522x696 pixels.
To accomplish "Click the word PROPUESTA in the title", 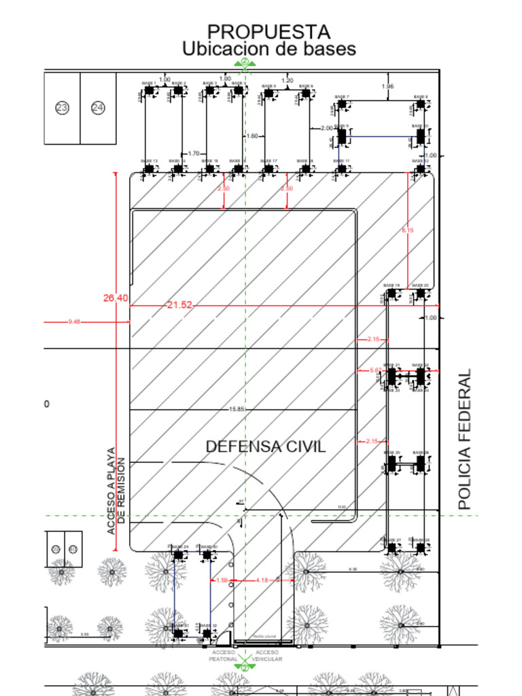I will coord(268,32).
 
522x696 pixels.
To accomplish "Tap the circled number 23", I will coord(63,107).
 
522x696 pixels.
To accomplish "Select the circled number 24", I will coord(98,107).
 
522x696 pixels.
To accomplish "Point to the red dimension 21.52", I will coord(179,305).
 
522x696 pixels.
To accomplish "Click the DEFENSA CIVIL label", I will coord(265,447).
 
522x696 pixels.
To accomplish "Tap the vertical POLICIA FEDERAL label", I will coord(464,439).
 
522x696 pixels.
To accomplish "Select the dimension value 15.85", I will coord(237,409).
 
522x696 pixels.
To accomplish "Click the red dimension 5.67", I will coord(375,370).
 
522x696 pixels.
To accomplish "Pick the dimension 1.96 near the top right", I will coord(387,86).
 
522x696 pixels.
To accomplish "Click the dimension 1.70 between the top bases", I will coord(194,154).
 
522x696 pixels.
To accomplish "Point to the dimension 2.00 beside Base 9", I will coord(326,128).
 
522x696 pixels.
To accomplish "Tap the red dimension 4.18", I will coord(262,580).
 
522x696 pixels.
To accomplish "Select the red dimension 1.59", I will coord(221,580).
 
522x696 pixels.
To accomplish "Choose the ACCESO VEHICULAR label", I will coord(266,655).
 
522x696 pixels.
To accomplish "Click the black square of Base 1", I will coord(149,90).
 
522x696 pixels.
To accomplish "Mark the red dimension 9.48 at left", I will coord(74,321).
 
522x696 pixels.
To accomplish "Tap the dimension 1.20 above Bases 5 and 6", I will coord(287,81).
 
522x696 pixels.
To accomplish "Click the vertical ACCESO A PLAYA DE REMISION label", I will coord(116,489).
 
